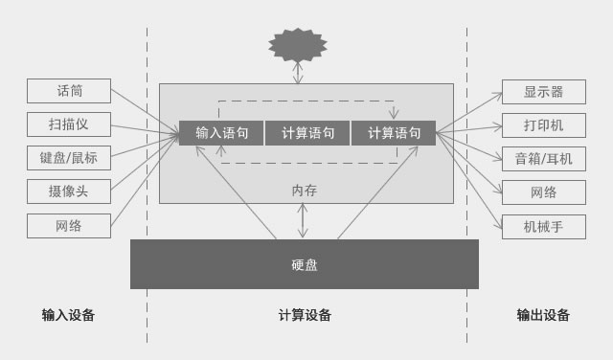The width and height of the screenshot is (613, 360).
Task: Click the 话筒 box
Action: click(x=69, y=91)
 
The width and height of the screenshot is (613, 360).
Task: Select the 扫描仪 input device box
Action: click(x=69, y=124)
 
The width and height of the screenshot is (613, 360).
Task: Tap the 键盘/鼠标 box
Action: click(x=69, y=158)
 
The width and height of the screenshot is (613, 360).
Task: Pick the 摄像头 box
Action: click(x=69, y=191)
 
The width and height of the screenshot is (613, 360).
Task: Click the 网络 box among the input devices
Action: click(x=69, y=226)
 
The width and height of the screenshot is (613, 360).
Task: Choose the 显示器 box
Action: click(x=543, y=92)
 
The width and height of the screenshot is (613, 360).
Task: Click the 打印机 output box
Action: click(x=543, y=125)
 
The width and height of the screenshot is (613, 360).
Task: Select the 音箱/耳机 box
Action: click(x=543, y=159)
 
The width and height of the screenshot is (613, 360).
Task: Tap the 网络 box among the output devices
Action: click(x=543, y=192)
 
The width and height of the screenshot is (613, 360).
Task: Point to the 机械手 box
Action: click(x=543, y=227)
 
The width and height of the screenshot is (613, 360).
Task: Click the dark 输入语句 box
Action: click(x=221, y=133)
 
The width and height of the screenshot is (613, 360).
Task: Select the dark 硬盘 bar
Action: click(x=304, y=264)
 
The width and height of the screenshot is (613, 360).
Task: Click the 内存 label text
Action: click(x=304, y=191)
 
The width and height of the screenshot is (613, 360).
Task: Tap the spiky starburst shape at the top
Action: click(x=297, y=44)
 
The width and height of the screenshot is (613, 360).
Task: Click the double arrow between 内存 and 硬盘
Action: click(x=304, y=220)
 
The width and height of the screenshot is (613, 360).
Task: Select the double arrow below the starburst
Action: click(x=298, y=73)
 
